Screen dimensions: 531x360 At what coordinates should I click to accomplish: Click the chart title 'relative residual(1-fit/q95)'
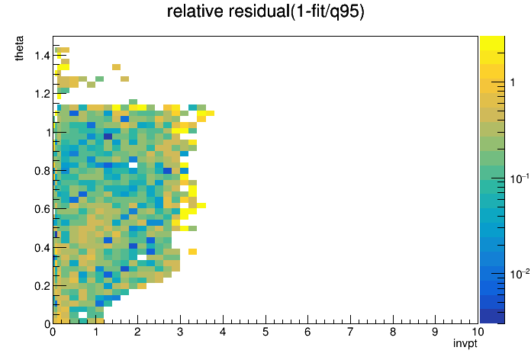(x=265, y=11)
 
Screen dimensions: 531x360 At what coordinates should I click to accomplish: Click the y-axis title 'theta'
(x=19, y=48)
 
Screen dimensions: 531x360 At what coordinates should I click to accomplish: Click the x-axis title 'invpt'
(x=465, y=343)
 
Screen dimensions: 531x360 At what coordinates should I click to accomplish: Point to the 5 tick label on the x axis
(x=265, y=332)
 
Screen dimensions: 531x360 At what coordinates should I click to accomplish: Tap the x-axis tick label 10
(x=478, y=332)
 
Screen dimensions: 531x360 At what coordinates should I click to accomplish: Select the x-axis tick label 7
(x=350, y=332)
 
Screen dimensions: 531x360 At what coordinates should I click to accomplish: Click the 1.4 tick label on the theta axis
(x=42, y=55)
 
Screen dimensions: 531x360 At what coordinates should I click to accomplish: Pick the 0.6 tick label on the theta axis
(x=42, y=209)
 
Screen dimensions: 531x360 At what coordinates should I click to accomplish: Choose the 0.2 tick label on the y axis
(x=42, y=286)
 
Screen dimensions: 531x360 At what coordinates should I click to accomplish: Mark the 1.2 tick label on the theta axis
(x=42, y=94)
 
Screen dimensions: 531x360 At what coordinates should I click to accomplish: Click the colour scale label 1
(x=513, y=82)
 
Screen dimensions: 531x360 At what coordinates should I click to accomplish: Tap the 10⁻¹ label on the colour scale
(x=520, y=178)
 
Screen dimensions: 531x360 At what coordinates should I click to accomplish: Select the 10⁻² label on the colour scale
(x=520, y=274)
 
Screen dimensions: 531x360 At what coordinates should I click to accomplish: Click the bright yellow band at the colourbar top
(x=492, y=43)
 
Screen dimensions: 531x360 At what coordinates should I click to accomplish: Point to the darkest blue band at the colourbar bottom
(x=492, y=317)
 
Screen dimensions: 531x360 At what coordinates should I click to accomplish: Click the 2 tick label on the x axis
(x=137, y=332)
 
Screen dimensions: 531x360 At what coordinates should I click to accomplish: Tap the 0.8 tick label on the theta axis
(x=42, y=171)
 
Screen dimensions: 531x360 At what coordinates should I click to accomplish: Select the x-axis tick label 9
(x=435, y=332)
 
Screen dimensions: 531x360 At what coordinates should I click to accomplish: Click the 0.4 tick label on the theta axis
(x=42, y=248)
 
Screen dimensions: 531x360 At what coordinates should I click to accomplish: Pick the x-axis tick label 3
(x=180, y=332)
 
